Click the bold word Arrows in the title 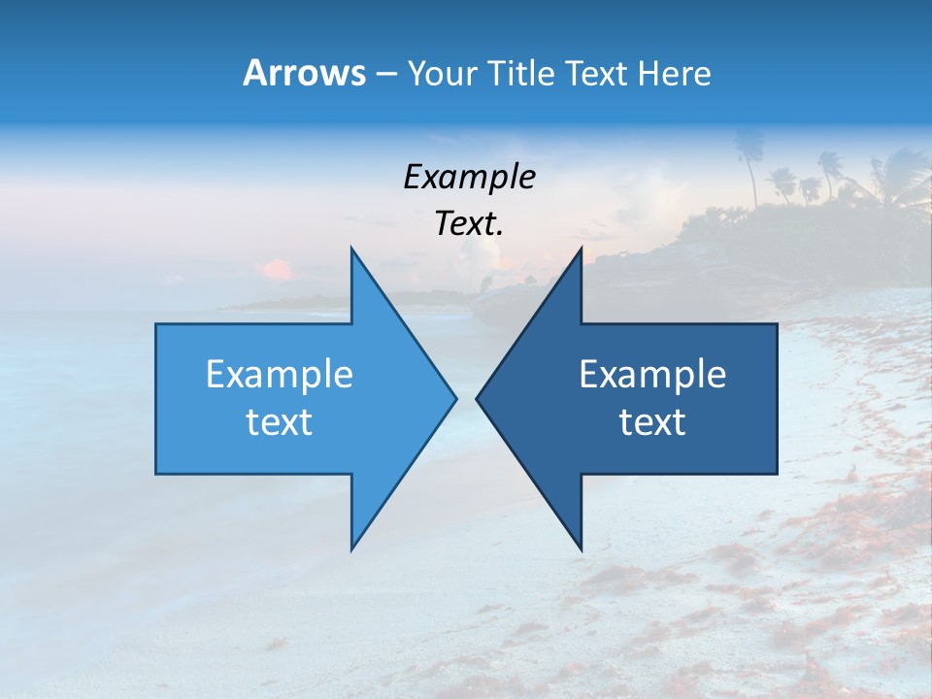click(304, 73)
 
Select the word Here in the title click(674, 73)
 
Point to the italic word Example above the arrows click(469, 177)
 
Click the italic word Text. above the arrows click(469, 224)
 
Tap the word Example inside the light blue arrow click(280, 374)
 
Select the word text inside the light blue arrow click(280, 422)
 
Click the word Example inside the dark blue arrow click(652, 374)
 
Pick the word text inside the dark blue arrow click(652, 422)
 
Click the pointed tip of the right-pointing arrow click(455, 398)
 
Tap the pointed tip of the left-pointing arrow click(478, 398)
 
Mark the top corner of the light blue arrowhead click(351, 249)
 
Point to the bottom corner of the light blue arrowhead click(351, 549)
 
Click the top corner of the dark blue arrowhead click(581, 249)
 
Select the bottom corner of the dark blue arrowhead click(581, 549)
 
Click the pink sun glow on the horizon click(278, 269)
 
